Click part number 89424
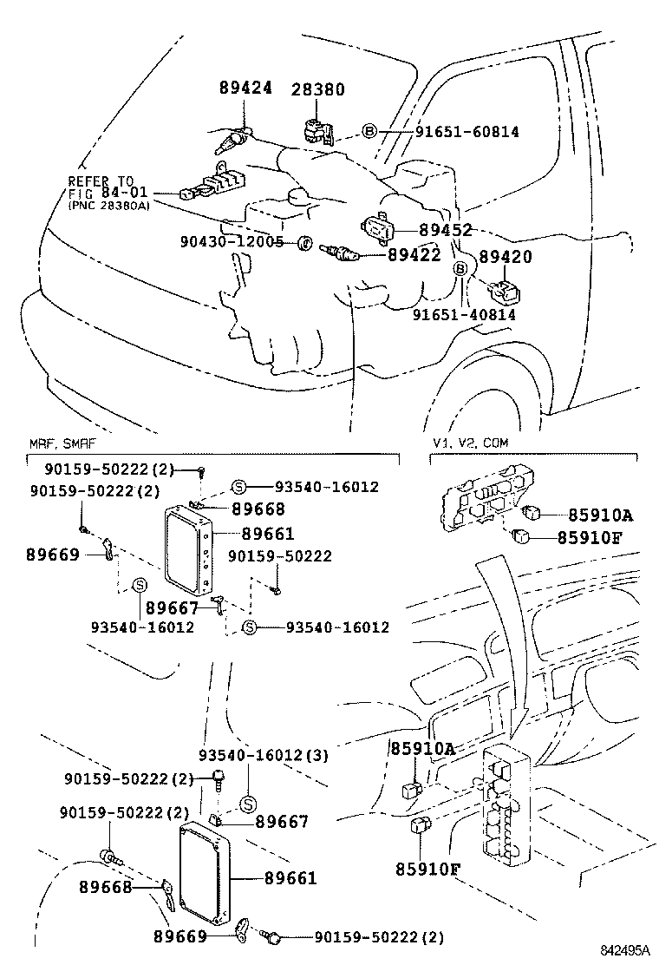coord(245,89)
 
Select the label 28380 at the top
coord(317,89)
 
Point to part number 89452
coord(445,230)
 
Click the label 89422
coord(414,254)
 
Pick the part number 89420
coord(506,257)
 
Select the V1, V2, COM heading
coord(471,443)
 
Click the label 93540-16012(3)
coord(263,755)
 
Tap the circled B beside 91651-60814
coord(369,132)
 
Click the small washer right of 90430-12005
coord(304,243)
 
